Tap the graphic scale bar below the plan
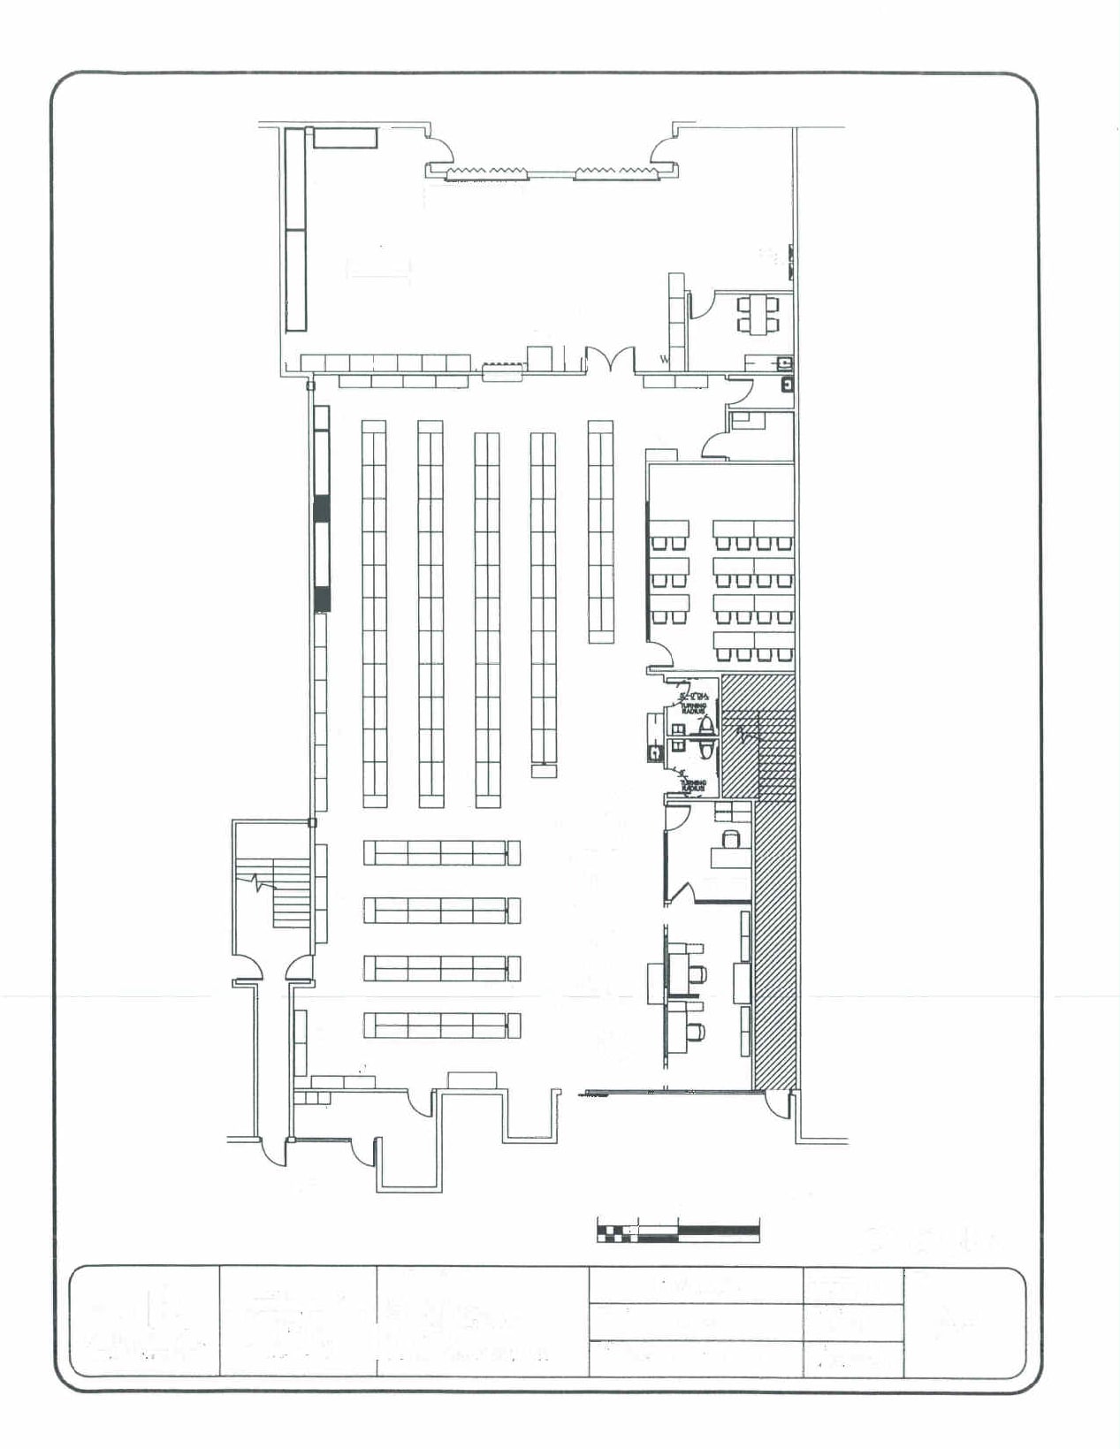pos(678,1232)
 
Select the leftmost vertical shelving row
pos(374,614)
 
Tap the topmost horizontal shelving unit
pos(441,853)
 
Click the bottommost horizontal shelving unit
pos(441,1026)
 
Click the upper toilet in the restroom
pos(707,727)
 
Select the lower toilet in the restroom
pos(707,750)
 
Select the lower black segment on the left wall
pos(323,599)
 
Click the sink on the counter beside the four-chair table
pos(782,362)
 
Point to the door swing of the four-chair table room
pos(701,304)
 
